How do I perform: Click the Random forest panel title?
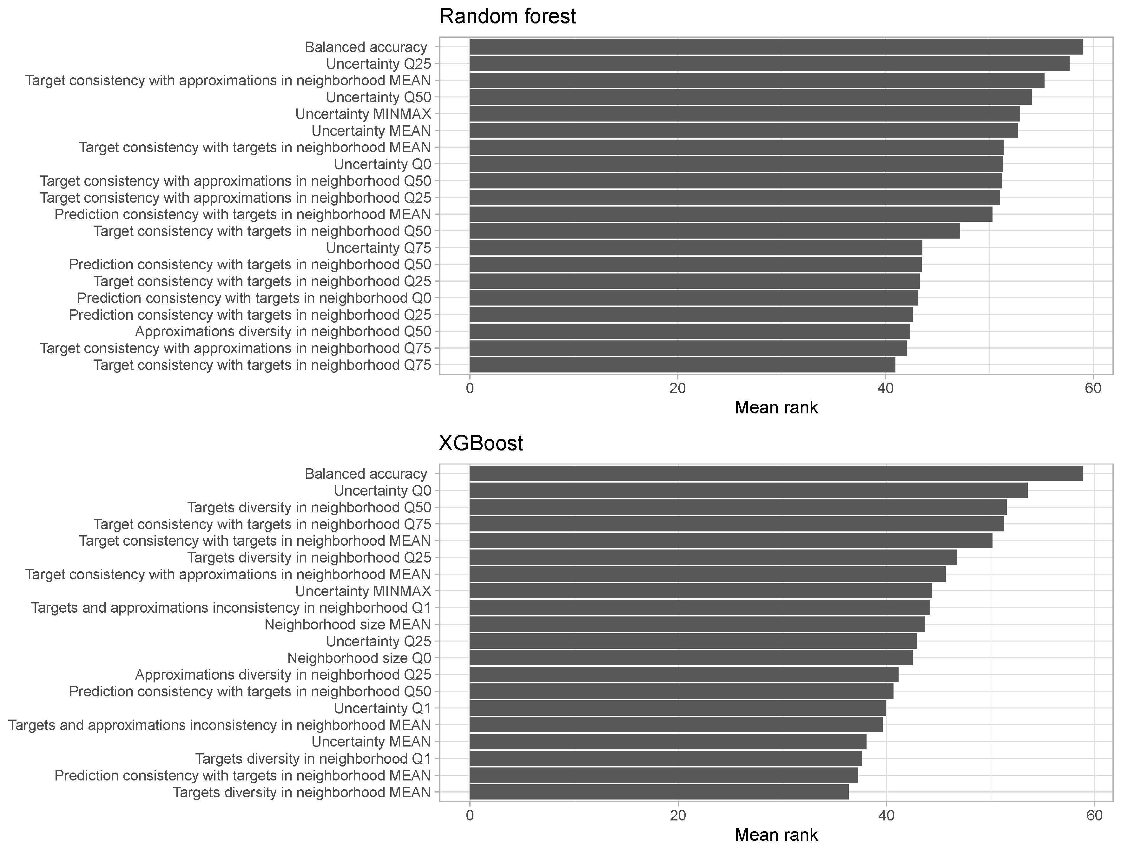tap(507, 16)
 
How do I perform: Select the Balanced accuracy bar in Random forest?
tap(775, 47)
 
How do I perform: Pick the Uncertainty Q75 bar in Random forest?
tap(695, 248)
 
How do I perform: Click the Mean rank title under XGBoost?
tap(776, 835)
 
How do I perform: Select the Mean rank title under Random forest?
tap(776, 407)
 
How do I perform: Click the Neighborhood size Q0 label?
tap(359, 658)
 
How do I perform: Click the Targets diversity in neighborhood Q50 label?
tap(309, 507)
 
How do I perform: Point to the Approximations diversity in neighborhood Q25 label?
tap(283, 675)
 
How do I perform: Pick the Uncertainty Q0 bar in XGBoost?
tap(748, 490)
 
